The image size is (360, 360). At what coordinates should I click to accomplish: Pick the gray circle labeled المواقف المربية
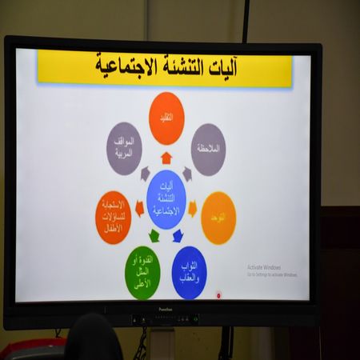[124, 148]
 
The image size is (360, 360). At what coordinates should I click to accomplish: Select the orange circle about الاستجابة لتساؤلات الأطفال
[113, 217]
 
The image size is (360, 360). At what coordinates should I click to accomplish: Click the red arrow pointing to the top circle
[166, 158]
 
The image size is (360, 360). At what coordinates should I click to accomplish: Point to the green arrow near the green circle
[154, 235]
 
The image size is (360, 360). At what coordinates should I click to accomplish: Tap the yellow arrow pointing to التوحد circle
[192, 209]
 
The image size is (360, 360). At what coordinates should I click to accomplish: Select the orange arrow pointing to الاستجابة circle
[140, 209]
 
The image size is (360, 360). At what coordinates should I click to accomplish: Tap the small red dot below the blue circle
[218, 294]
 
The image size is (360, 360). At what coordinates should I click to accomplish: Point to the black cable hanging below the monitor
[142, 344]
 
